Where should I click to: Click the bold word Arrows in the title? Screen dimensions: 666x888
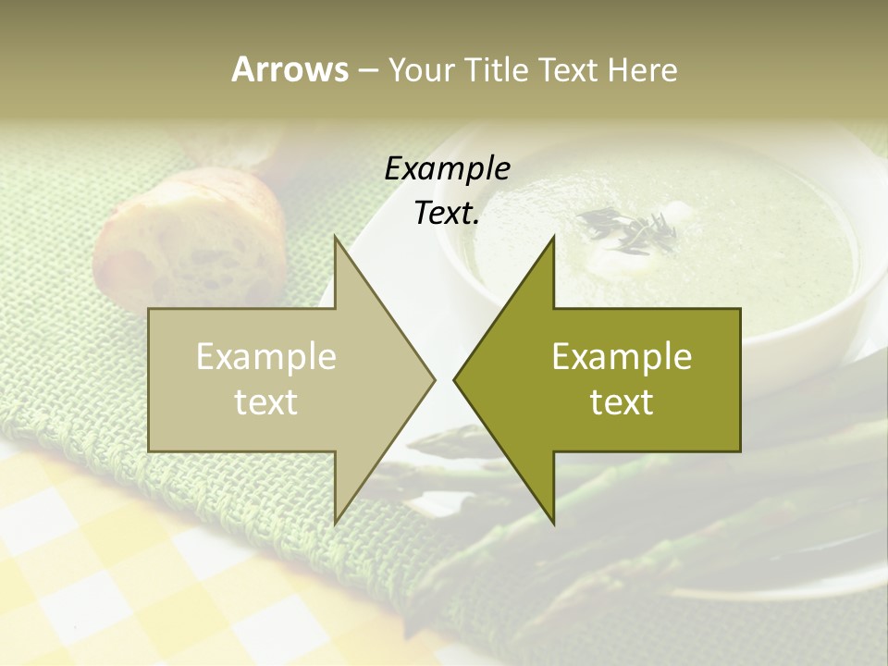tap(290, 69)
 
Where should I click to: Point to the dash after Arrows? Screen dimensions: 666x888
tap(367, 70)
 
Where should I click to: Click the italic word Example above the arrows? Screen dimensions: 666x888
tap(448, 168)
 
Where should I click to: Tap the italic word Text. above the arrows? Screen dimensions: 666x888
tap(448, 214)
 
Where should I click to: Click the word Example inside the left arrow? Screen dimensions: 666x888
tap(266, 356)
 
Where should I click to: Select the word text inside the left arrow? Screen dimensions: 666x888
tap(266, 402)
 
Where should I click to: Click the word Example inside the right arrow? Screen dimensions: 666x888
tap(622, 356)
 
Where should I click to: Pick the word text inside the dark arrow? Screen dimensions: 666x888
tap(622, 402)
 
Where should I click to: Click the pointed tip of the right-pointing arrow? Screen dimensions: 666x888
tap(435, 379)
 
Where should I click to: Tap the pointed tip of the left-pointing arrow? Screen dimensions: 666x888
tap(455, 379)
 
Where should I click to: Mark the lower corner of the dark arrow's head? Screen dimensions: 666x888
tap(553, 523)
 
